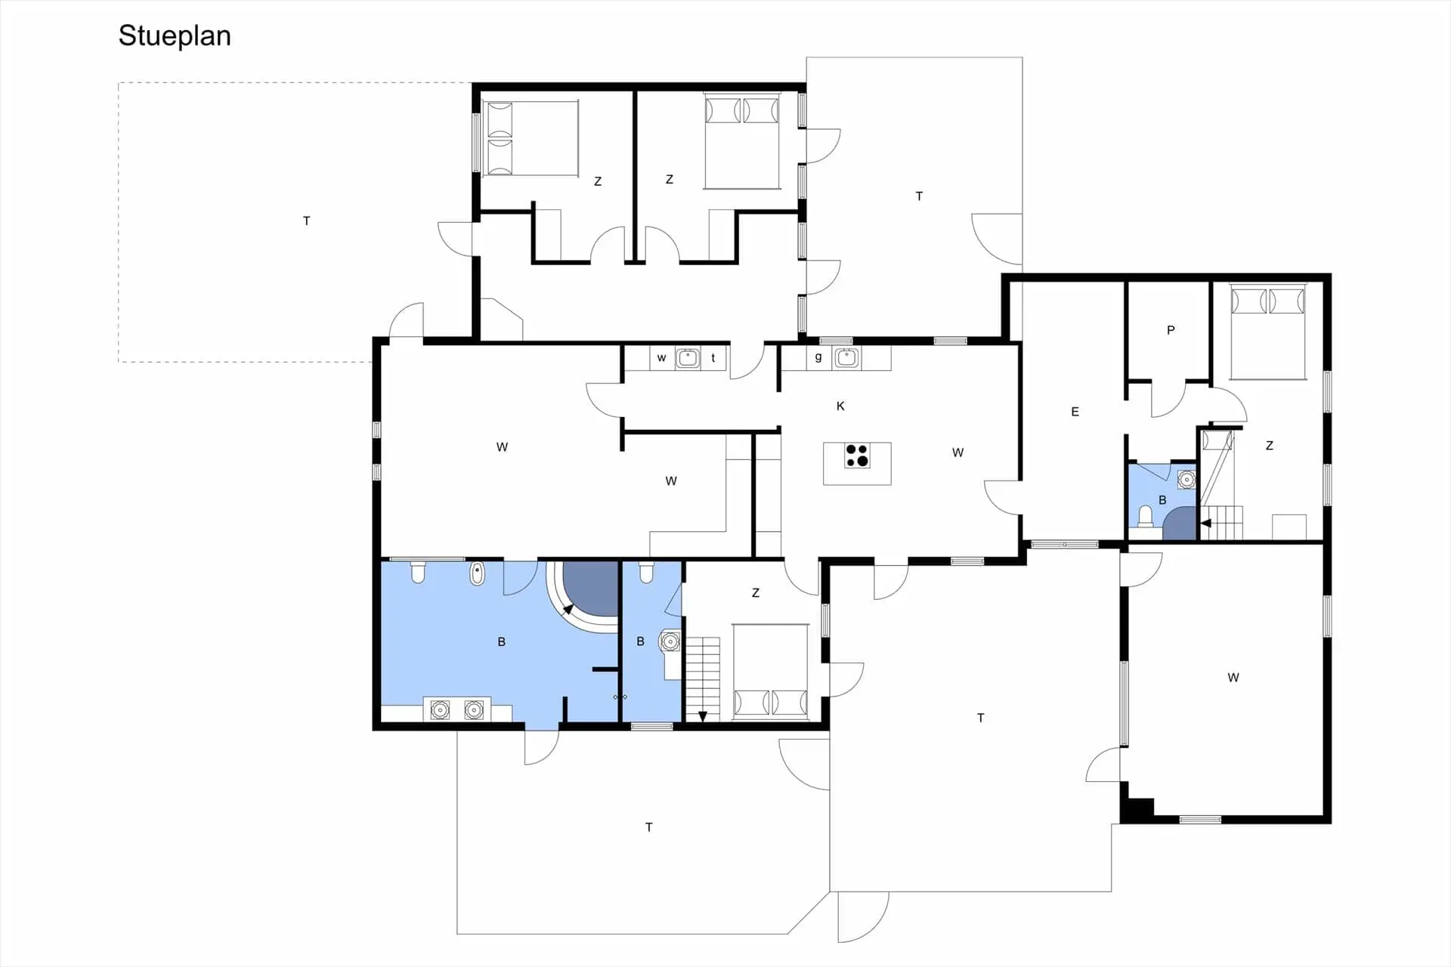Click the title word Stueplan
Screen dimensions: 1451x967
(175, 36)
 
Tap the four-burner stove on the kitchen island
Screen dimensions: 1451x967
(857, 456)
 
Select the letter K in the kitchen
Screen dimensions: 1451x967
(840, 406)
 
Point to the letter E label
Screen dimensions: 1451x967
(1075, 412)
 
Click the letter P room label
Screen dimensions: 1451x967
(1171, 330)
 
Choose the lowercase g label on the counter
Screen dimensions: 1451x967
(818, 358)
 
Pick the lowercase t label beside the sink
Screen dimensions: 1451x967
(713, 358)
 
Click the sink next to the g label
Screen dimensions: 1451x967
(846, 357)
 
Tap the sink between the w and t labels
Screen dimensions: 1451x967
(688, 357)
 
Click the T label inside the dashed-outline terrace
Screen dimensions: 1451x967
(306, 221)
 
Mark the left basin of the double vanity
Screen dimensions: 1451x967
(440, 710)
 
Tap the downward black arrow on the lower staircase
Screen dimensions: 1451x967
(703, 716)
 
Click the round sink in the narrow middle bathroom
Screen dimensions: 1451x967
(670, 641)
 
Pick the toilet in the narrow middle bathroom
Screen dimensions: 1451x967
(646, 572)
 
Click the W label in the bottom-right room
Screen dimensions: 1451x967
(1233, 678)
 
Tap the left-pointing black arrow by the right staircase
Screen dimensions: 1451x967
(1206, 523)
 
